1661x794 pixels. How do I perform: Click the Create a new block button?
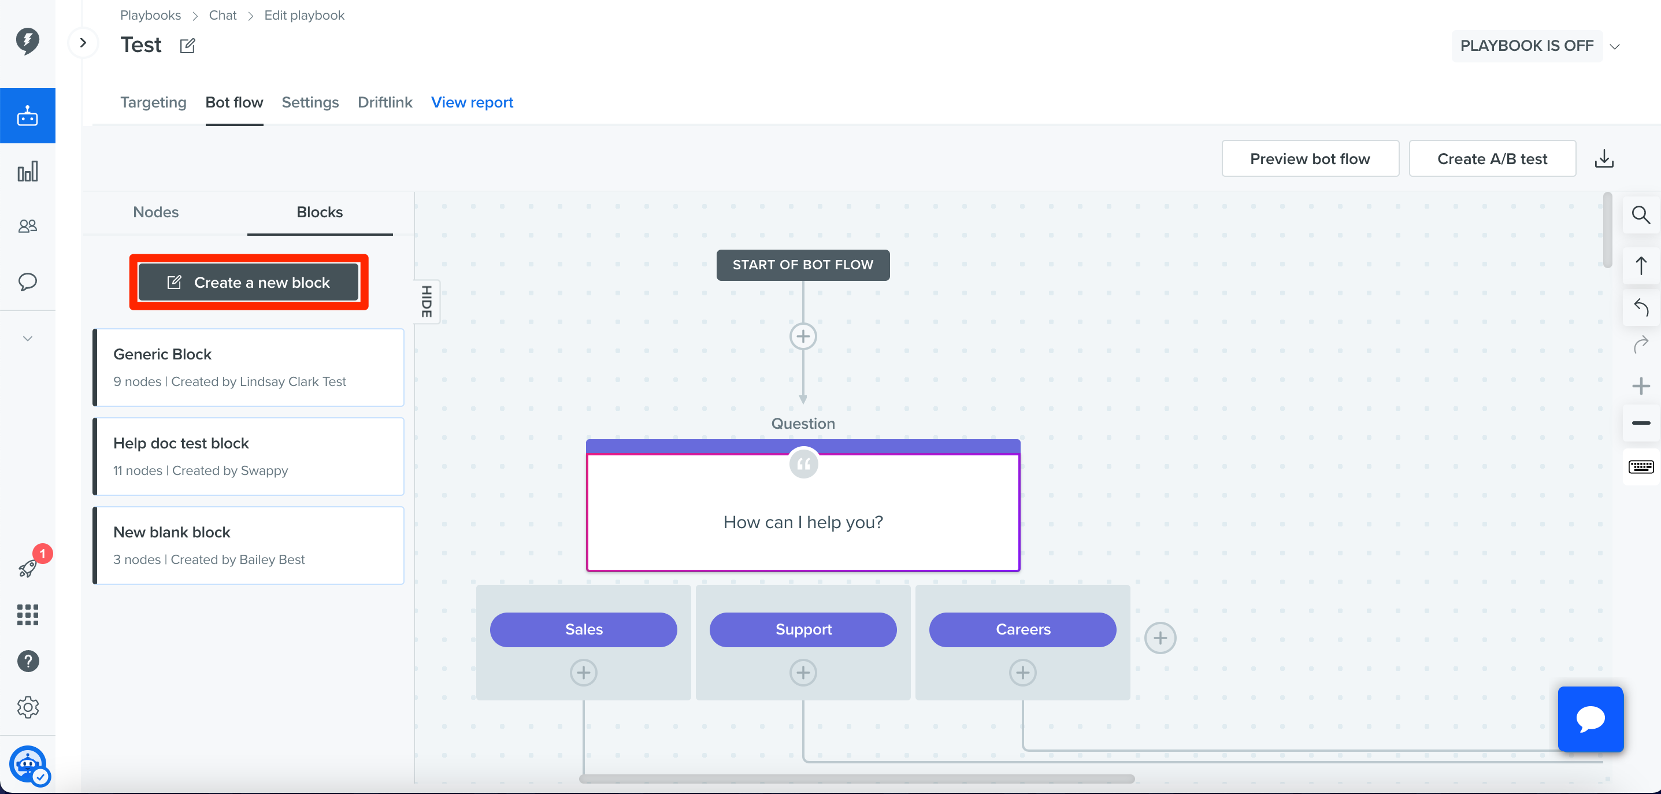249,282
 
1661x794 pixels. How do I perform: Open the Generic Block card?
249,368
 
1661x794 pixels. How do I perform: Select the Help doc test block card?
249,457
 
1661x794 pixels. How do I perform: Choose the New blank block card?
249,546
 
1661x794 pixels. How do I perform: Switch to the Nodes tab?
156,212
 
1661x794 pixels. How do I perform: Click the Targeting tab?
154,102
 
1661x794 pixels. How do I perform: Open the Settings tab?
310,102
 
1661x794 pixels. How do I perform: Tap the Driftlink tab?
385,102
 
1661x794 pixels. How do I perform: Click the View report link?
472,102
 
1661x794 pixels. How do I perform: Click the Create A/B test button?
1492,158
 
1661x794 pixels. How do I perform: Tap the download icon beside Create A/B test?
1604,158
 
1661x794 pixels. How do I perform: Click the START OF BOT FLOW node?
803,265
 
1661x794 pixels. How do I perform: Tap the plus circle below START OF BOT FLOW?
803,336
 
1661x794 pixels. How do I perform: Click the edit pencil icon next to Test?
188,46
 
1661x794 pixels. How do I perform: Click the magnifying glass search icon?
1641,215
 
